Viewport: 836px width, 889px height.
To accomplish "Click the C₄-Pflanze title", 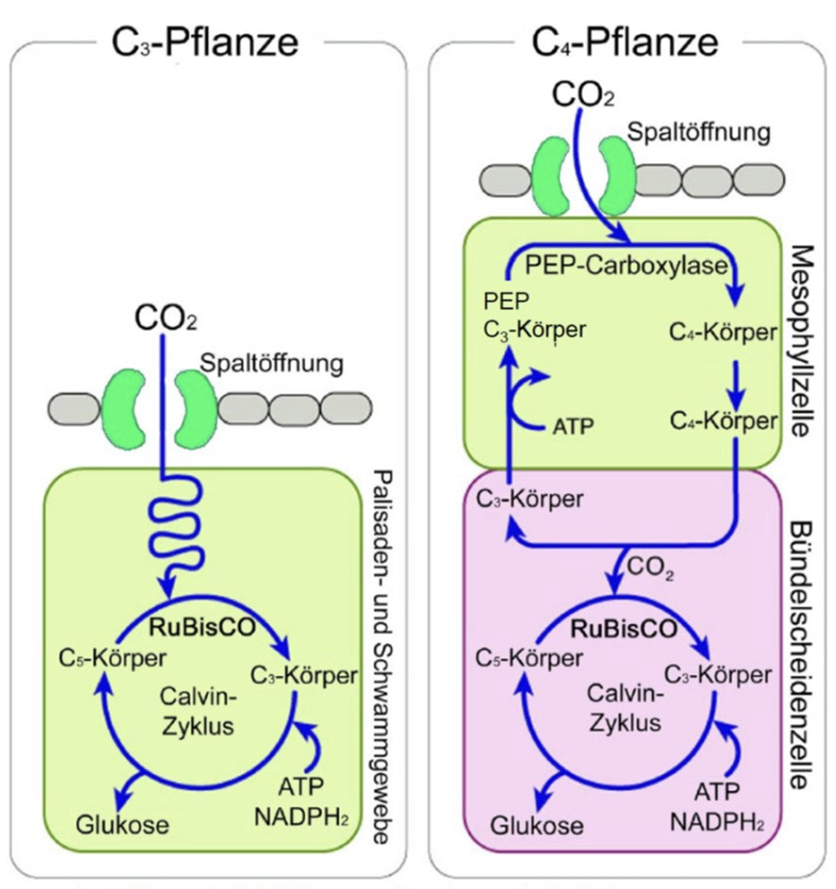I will [627, 41].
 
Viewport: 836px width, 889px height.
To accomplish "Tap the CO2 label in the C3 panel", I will [166, 312].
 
